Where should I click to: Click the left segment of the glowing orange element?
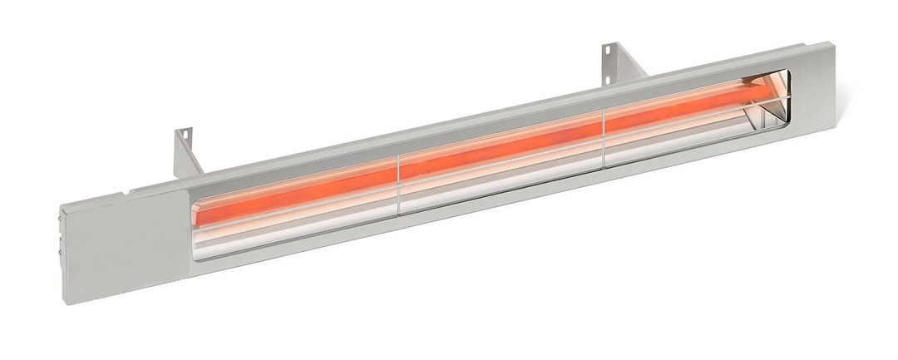[299, 184]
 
